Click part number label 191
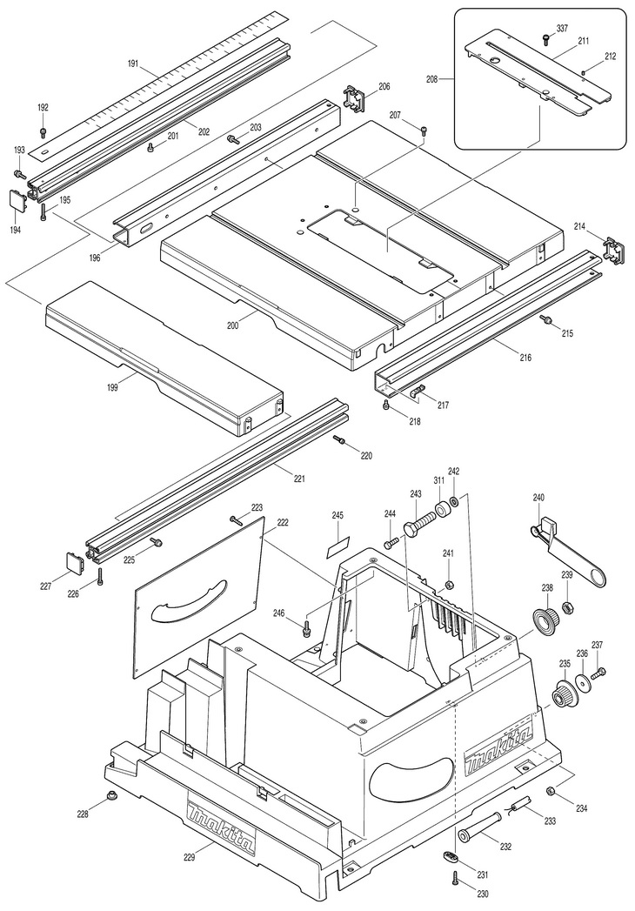point(133,64)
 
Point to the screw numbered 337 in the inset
point(545,39)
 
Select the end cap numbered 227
point(73,561)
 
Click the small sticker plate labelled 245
point(338,546)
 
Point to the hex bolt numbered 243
point(419,521)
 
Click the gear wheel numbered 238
point(546,619)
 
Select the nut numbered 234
point(550,791)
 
